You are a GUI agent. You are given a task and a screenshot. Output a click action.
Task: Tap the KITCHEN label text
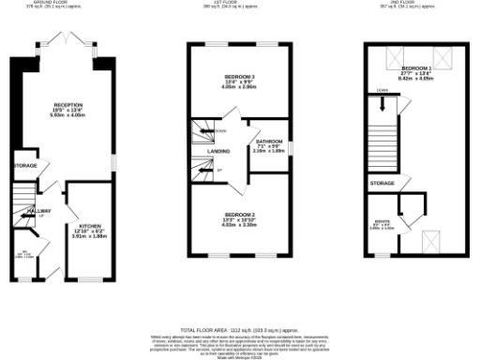point(90,226)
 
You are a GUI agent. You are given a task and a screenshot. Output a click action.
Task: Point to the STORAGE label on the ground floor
point(24,165)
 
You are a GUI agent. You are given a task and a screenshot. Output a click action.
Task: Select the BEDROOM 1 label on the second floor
point(415,69)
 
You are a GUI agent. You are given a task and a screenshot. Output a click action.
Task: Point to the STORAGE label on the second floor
point(381,182)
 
